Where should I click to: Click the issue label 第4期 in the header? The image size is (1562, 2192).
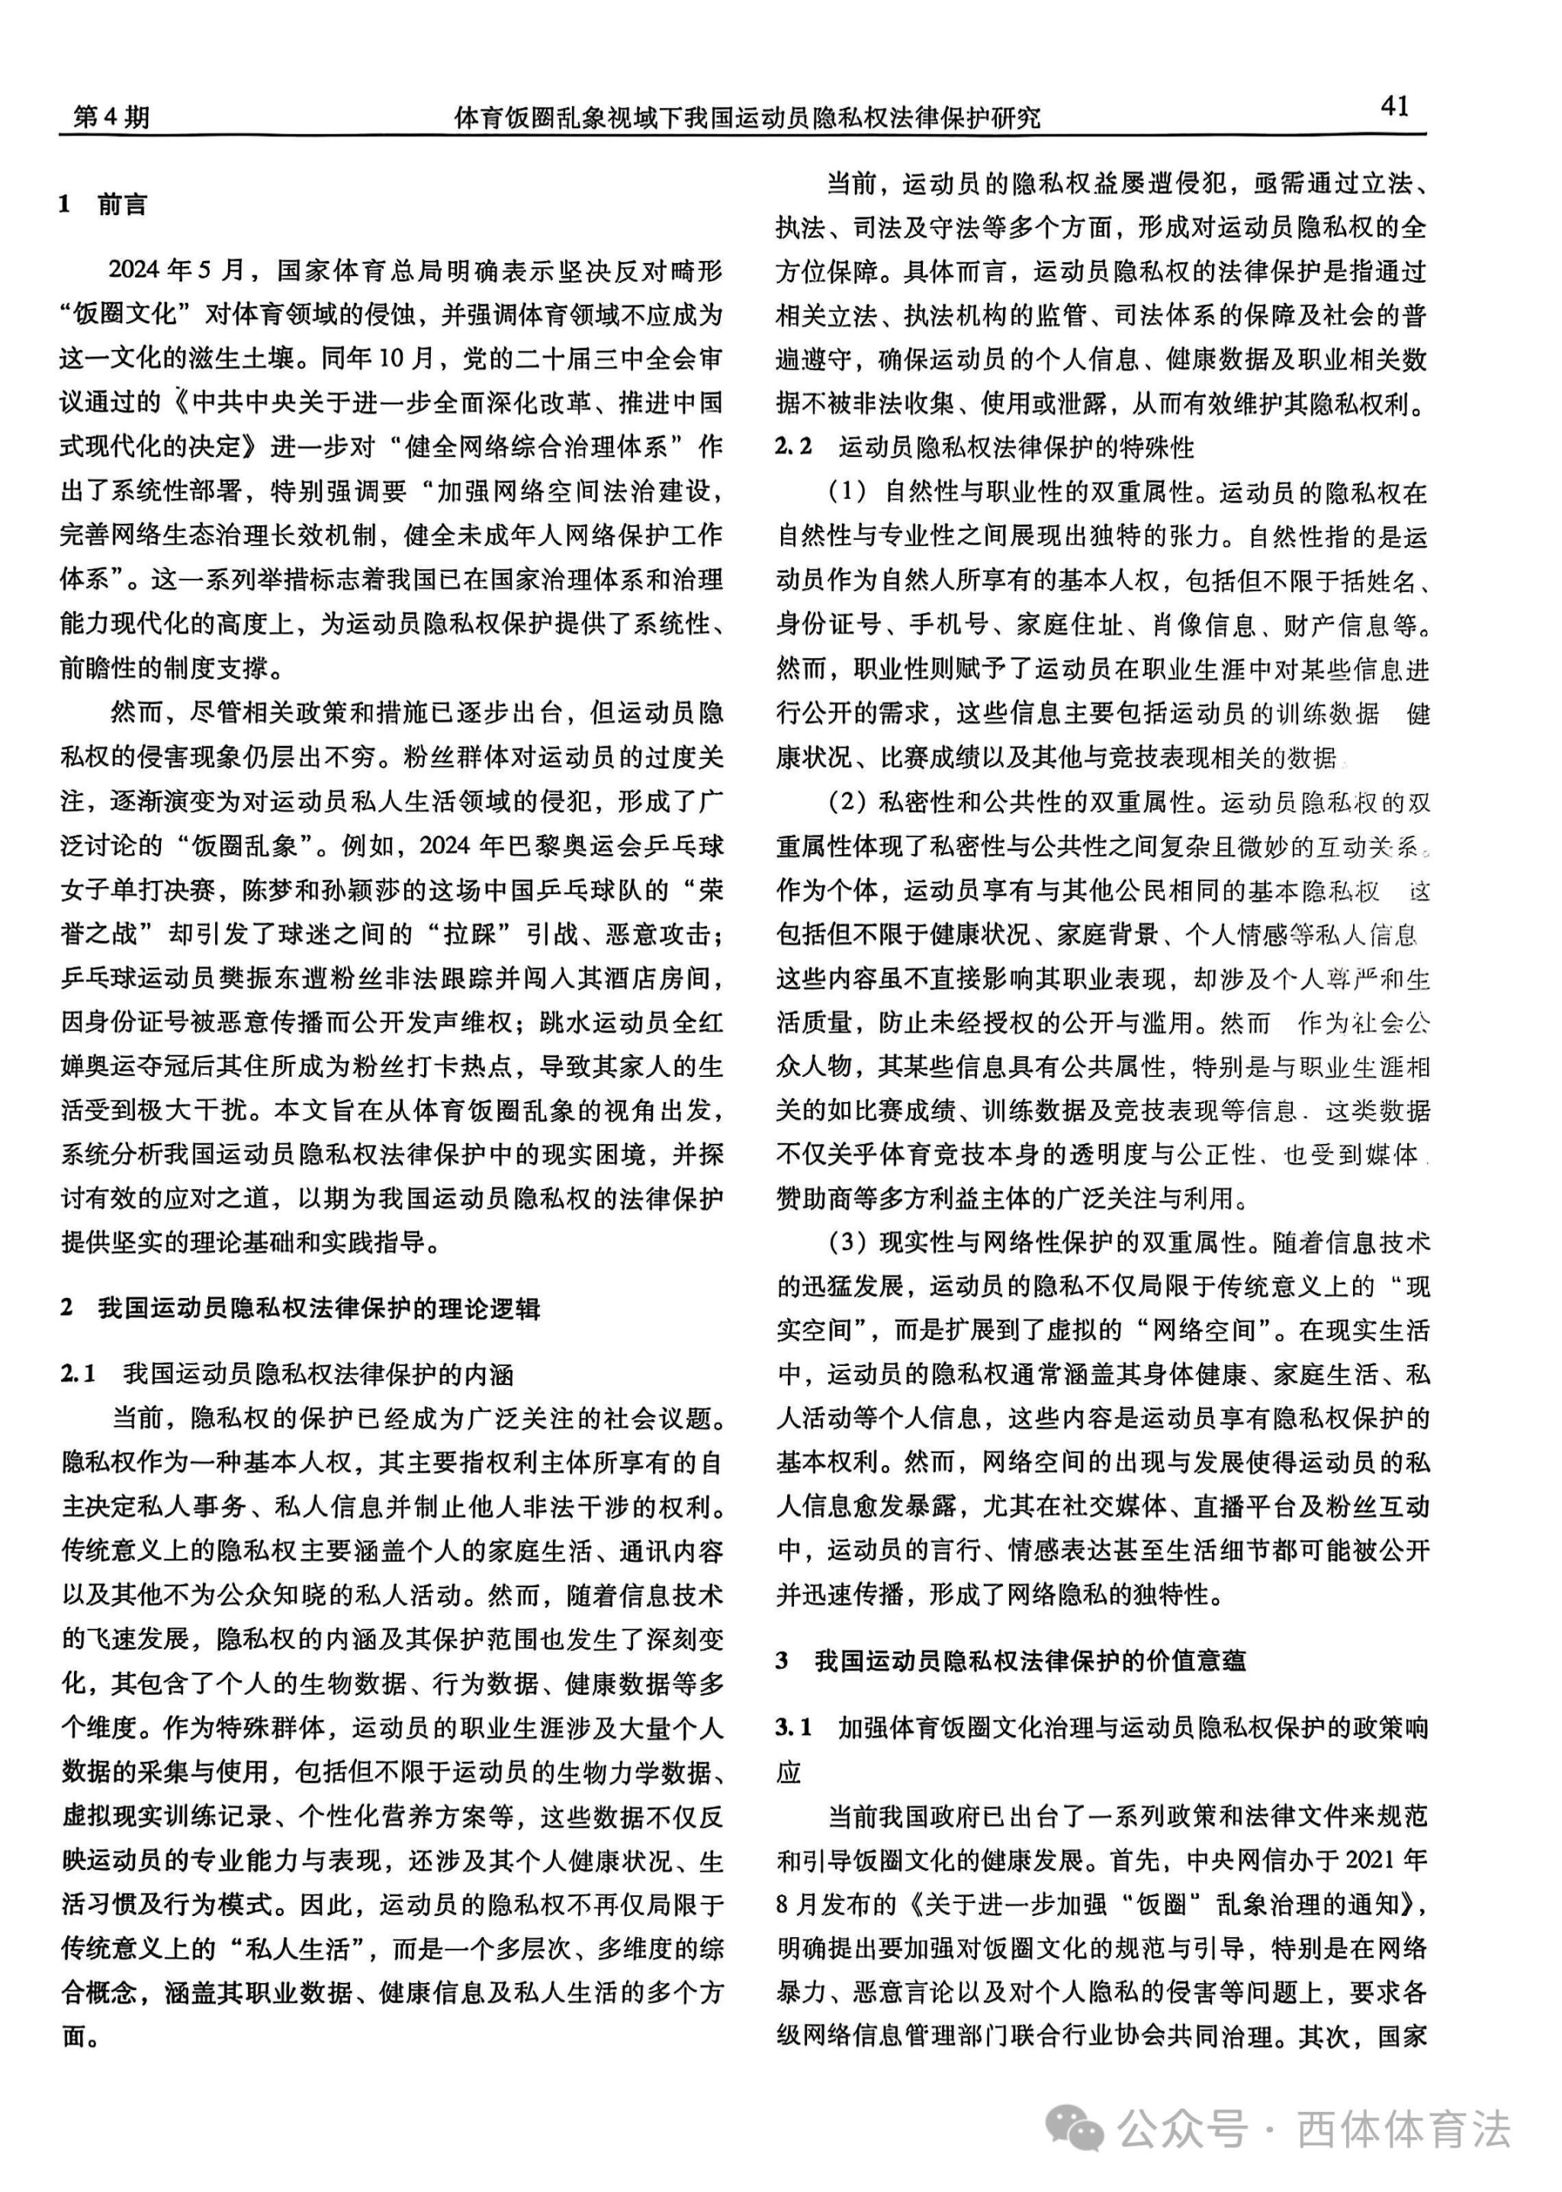tap(111, 117)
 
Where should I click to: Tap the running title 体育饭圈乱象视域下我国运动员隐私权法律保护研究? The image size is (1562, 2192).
tap(747, 117)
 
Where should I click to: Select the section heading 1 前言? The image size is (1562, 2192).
tap(103, 205)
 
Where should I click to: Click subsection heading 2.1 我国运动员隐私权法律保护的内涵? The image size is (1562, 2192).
tap(288, 1374)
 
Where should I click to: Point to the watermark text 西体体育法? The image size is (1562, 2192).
tap(1403, 2129)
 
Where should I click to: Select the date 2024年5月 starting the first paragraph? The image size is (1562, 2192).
tap(177, 270)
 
